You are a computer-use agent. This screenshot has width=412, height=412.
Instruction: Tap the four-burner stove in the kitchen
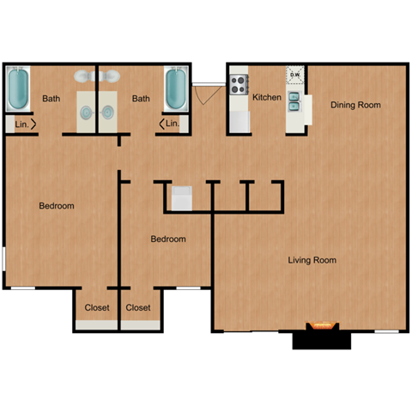tap(239, 85)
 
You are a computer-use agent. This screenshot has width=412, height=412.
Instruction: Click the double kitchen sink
tap(294, 101)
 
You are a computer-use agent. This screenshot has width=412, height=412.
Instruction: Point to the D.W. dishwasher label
tap(294, 76)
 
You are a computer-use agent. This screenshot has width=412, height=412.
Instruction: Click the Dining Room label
tap(355, 105)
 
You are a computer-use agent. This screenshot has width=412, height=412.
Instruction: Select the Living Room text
tap(312, 260)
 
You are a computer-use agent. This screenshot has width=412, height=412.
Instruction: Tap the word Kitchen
tap(267, 98)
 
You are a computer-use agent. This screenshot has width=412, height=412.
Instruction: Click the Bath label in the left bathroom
tap(51, 99)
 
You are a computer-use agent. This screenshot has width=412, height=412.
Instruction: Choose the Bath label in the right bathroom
tap(141, 99)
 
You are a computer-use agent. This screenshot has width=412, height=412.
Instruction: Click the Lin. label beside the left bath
tap(21, 124)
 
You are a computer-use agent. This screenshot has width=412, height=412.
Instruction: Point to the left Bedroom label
tap(56, 206)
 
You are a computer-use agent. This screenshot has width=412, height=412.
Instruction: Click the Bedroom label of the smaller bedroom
tap(168, 239)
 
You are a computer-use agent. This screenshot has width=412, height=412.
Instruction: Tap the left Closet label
tap(96, 307)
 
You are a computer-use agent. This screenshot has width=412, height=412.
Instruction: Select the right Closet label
tap(138, 307)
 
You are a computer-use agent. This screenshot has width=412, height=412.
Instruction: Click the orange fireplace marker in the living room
tap(323, 325)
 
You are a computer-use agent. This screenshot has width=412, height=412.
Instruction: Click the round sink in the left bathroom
tap(87, 112)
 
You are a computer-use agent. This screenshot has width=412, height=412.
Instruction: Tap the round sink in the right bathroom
tap(109, 112)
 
